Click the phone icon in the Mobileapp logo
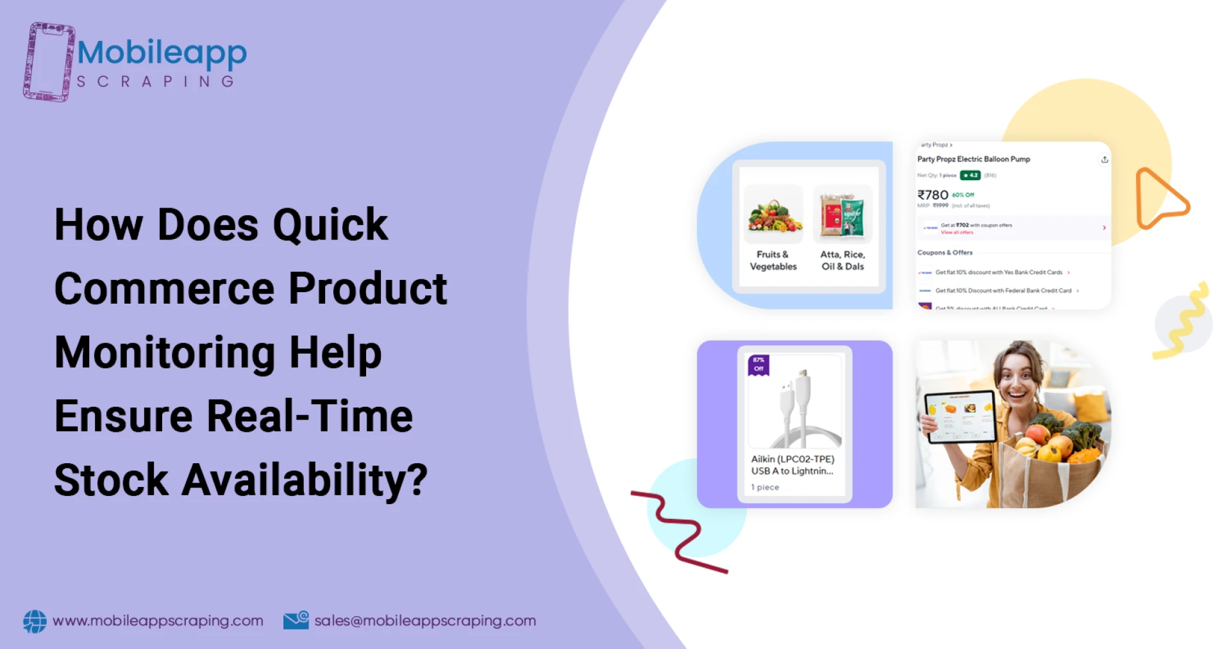48,62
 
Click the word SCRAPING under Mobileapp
155,82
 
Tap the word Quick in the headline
330,225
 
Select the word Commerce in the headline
165,288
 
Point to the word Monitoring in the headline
165,352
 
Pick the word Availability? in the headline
305,481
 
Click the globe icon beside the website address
35,621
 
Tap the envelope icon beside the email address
296,620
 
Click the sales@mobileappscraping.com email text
425,621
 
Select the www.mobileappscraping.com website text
158,621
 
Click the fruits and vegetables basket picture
774,215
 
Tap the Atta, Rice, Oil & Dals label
842,260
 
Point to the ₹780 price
932,195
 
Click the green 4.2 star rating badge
970,176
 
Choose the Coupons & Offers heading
944,252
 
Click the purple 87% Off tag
758,365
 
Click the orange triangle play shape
1159,199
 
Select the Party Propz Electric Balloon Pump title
973,159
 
